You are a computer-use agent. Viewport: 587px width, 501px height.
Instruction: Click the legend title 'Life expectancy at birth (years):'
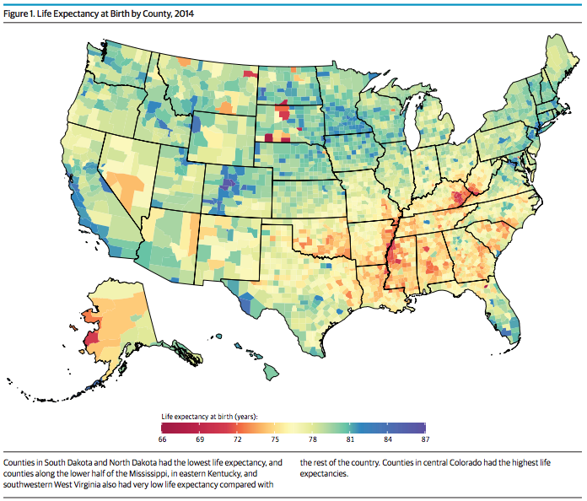[x=210, y=417]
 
